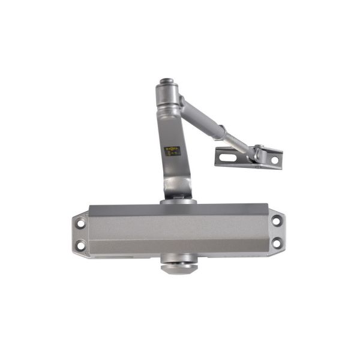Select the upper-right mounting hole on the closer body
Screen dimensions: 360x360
(x=277, y=221)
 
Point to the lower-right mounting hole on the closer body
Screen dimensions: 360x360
(x=277, y=243)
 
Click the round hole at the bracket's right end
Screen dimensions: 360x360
(x=274, y=160)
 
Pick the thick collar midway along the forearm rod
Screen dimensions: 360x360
(x=221, y=131)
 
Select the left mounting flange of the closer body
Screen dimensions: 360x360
(x=81, y=234)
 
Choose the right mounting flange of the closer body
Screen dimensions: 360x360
(x=276, y=232)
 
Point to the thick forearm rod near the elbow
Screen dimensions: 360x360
(x=195, y=114)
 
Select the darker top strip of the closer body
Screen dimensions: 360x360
(x=178, y=209)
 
